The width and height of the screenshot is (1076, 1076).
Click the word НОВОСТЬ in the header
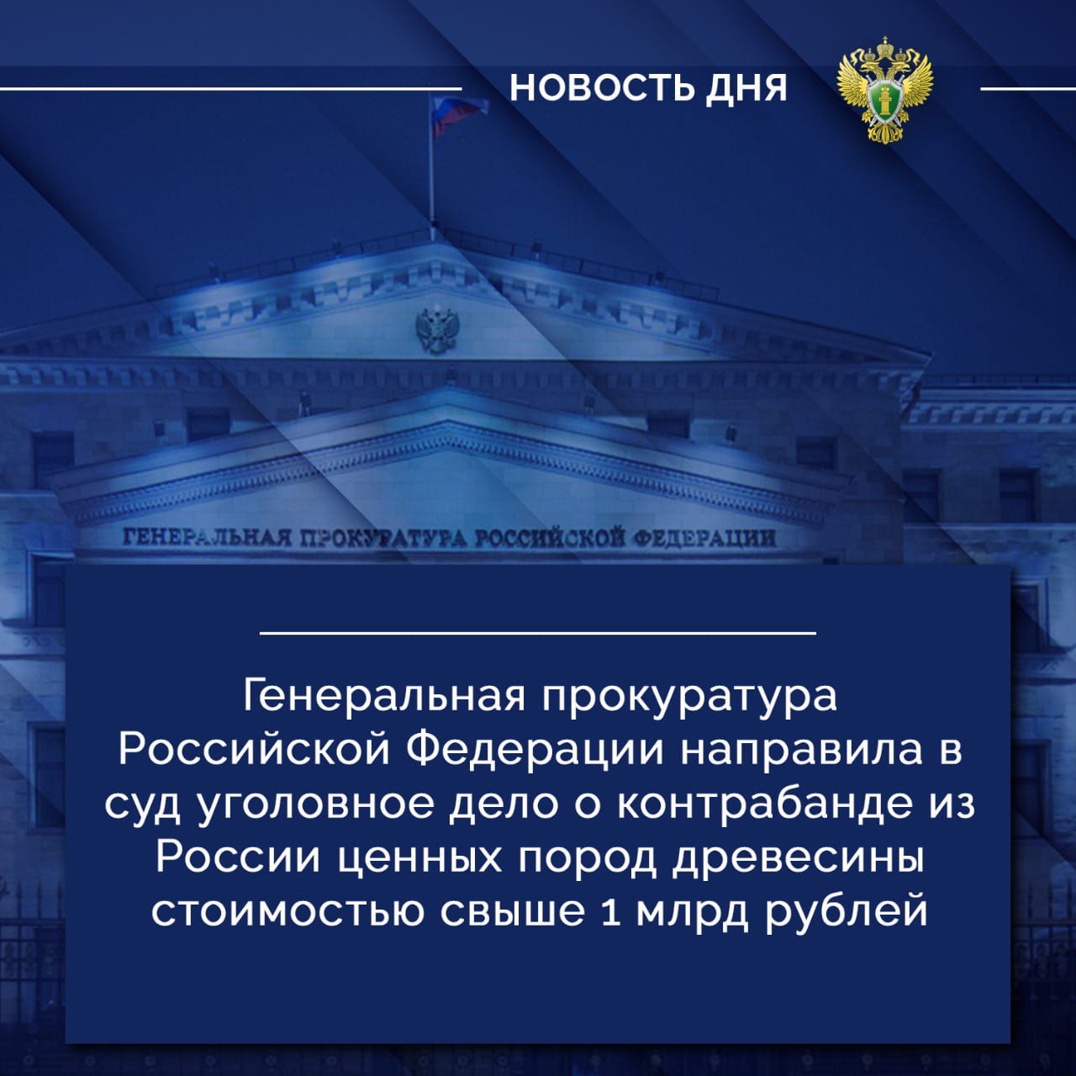599,88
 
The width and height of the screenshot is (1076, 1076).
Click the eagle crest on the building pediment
438,329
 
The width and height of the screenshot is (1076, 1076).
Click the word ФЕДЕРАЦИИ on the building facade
702,538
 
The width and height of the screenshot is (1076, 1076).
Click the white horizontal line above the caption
538,633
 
